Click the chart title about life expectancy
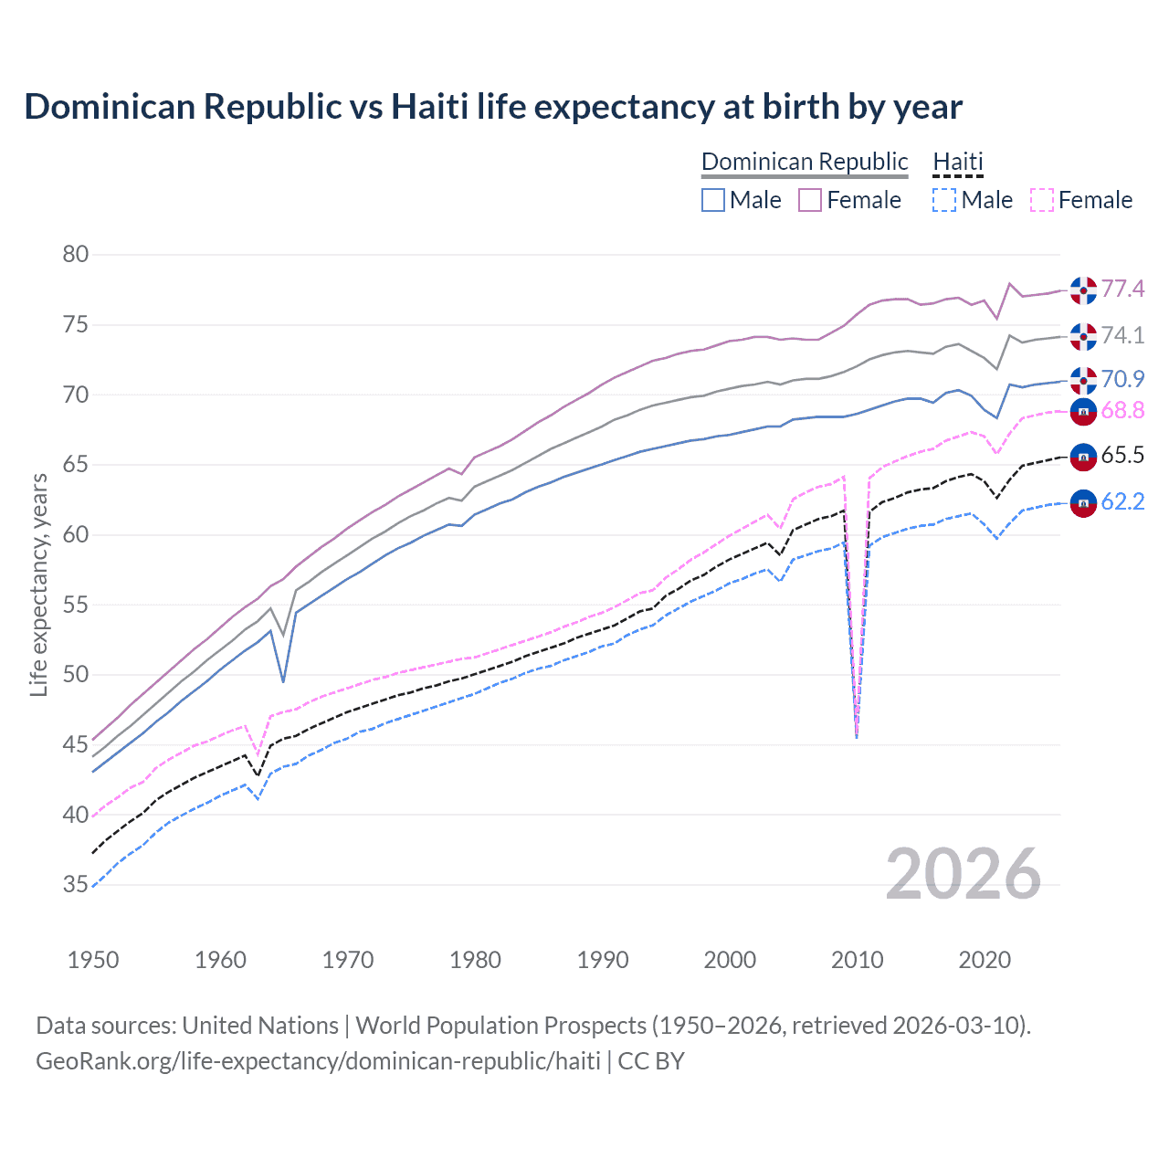[x=493, y=107]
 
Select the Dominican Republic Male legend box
[x=713, y=200]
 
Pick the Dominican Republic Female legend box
[x=810, y=200]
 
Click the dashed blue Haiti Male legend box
[x=944, y=200]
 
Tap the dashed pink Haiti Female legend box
[x=1041, y=200]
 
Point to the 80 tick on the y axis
[x=76, y=255]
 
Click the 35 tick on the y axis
[x=76, y=884]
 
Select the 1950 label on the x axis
[x=93, y=960]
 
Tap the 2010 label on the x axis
[x=857, y=960]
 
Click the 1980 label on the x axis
[x=475, y=960]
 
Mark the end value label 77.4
[x=1122, y=290]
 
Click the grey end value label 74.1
[x=1122, y=336]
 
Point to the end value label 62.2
[x=1122, y=501]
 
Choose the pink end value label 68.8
[x=1122, y=411]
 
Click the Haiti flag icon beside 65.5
[x=1083, y=456]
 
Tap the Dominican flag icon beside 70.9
[x=1083, y=379]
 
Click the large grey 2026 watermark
[x=963, y=875]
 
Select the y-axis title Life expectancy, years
[x=39, y=584]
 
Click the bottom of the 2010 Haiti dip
[x=856, y=736]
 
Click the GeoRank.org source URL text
[x=318, y=1061]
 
